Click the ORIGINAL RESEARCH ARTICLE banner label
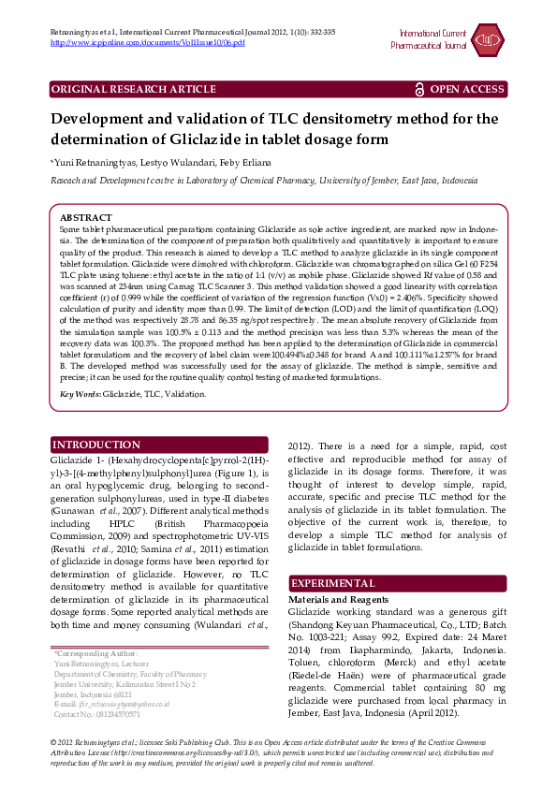pos(133,89)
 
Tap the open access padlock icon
pos(419,89)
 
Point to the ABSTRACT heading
pos(85,217)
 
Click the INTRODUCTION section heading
pos(96,445)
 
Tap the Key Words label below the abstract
pos(80,394)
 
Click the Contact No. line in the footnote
pos(97,714)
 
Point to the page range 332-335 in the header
pos(318,33)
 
